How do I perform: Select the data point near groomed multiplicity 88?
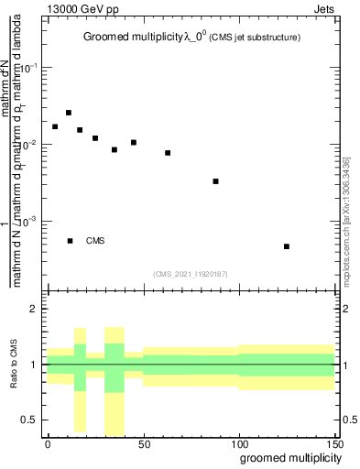point(215,181)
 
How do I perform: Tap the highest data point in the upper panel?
point(69,113)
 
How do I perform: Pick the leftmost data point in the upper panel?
point(55,126)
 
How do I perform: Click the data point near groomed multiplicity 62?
point(168,153)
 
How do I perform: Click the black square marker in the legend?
point(71,241)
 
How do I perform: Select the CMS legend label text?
point(95,241)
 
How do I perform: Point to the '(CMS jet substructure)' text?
point(252,37)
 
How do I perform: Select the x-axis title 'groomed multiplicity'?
point(288,456)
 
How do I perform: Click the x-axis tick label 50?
point(144,442)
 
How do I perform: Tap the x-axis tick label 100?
point(239,442)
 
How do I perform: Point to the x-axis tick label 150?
point(333,442)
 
